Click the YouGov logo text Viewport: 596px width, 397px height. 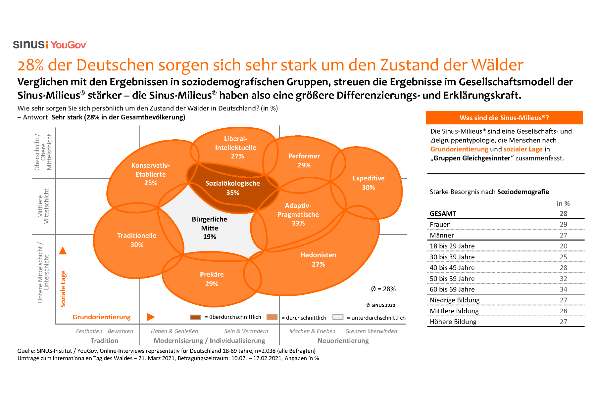pos(69,45)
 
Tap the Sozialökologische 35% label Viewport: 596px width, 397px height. pos(232,188)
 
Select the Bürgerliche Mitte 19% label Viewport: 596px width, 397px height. pos(209,228)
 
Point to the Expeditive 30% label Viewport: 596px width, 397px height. pos(368,183)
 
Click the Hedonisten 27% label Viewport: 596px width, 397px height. pos(318,259)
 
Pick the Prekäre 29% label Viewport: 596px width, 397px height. pos(212,279)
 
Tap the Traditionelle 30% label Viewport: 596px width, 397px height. pos(137,240)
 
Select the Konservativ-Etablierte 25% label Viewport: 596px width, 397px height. pos(150,174)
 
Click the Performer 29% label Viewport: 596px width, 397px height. pos(304,160)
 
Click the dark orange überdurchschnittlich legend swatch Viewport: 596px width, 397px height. pos(195,317)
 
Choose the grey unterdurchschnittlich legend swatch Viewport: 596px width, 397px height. pos(338,317)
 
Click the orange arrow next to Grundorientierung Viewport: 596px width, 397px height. pos(151,317)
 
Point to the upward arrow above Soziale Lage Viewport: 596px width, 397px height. pos(63,251)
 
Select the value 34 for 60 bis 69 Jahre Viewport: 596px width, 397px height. pos(563,289)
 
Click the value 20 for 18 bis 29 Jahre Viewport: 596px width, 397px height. pos(563,246)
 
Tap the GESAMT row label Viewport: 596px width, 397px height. pos(443,213)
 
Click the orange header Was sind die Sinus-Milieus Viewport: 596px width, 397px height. pos(504,118)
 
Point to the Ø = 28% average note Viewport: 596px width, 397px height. pos(383,289)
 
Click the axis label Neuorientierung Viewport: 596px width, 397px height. pos(343,340)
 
